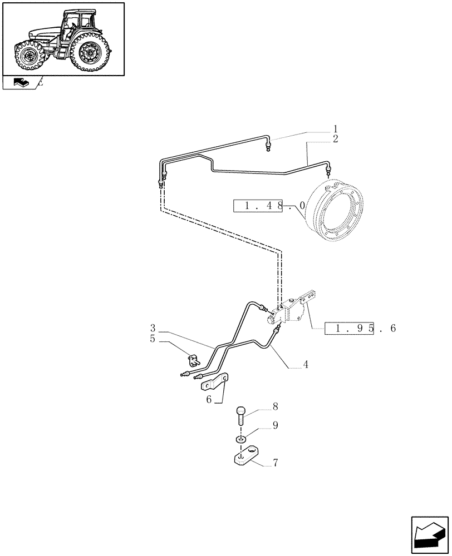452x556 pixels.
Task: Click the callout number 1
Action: pyautogui.click(x=335, y=128)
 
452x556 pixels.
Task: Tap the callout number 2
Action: pyautogui.click(x=335, y=139)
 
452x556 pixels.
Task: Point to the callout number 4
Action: pyautogui.click(x=306, y=365)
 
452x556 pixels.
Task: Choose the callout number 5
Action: pyautogui.click(x=152, y=338)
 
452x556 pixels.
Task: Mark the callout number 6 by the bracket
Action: pyautogui.click(x=209, y=400)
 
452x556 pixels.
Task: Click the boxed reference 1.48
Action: pyautogui.click(x=259, y=206)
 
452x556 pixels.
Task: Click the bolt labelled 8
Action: pyautogui.click(x=240, y=415)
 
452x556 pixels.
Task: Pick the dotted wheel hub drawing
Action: pyautogui.click(x=336, y=210)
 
